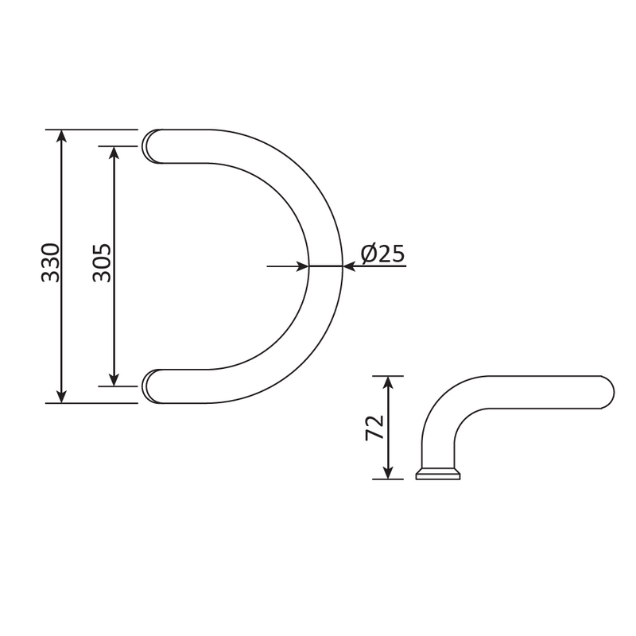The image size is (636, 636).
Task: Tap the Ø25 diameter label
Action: tap(382, 254)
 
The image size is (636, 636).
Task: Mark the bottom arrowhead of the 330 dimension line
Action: tap(63, 396)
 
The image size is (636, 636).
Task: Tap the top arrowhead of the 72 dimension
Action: tap(388, 382)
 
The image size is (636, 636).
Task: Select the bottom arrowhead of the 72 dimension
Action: tap(388, 473)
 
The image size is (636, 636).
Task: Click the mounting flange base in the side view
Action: tap(439, 475)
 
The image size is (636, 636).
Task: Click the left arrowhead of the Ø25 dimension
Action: tap(302, 266)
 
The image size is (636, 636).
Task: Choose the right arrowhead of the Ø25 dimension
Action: tap(349, 266)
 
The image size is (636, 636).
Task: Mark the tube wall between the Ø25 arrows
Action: tap(325, 266)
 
